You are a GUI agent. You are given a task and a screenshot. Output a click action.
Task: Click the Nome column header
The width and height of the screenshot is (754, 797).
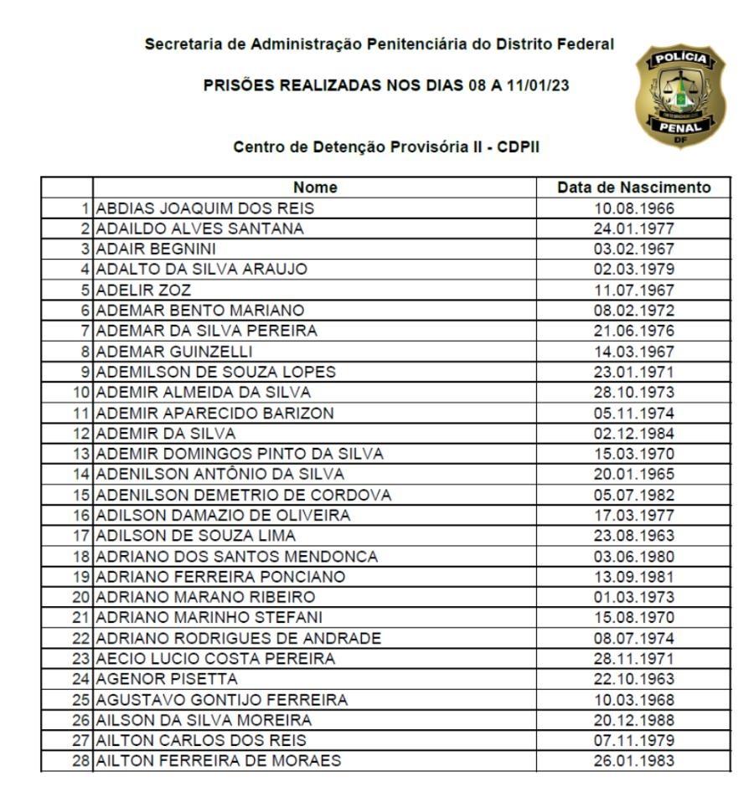pos(314,188)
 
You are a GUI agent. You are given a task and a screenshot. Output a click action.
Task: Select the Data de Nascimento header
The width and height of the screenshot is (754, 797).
pos(633,188)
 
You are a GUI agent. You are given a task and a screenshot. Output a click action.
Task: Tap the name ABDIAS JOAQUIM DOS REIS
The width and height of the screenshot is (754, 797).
pos(205,208)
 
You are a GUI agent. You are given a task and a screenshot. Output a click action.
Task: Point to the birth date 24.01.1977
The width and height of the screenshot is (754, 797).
pos(633,229)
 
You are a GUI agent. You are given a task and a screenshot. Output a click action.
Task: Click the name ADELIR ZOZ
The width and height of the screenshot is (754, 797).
pos(144,291)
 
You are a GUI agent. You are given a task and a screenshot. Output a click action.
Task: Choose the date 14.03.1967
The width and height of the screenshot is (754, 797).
pos(633,352)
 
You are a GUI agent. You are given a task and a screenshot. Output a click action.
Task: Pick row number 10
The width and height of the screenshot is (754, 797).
pos(82,393)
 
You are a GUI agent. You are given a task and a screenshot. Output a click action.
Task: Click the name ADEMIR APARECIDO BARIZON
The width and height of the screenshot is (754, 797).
pos(215,413)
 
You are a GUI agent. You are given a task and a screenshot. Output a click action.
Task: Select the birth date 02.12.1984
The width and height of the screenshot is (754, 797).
pos(633,434)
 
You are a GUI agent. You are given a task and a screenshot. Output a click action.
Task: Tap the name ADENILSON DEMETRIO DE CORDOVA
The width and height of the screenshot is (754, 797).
pos(244,495)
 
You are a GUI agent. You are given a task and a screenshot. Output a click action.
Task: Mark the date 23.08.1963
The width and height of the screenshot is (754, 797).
pos(633,536)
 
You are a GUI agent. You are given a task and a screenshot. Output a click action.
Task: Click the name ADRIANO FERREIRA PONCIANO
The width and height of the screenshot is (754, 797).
pos(221,577)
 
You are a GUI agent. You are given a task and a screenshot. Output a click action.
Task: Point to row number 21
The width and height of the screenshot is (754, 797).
pos(82,618)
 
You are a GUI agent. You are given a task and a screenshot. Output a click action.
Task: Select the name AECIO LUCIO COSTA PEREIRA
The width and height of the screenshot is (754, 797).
pos(216,659)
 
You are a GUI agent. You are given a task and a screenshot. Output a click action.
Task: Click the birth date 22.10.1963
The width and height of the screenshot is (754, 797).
pos(633,679)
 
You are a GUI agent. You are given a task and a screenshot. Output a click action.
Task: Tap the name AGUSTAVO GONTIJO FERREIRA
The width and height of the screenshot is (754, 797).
pos(222,700)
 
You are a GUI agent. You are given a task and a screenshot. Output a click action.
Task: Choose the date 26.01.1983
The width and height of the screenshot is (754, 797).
pos(633,761)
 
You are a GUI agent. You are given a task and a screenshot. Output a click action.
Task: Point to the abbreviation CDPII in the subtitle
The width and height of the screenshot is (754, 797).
pos(519,147)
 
